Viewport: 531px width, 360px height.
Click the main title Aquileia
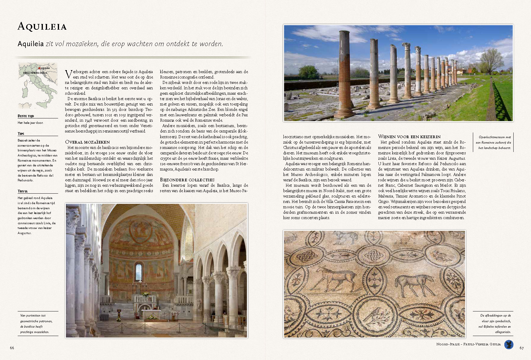[x=42, y=27]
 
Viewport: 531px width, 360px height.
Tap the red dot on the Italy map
[x=39, y=68]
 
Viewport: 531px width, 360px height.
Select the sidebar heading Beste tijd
[x=26, y=116]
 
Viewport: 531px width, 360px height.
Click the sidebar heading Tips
[x=21, y=134]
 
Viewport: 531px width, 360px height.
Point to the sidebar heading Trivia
[x=22, y=191]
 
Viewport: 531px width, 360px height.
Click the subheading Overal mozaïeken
[x=88, y=142]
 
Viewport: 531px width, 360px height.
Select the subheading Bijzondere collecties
[x=187, y=180]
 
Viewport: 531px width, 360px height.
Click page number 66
[x=12, y=348]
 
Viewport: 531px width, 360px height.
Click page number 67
[x=522, y=348]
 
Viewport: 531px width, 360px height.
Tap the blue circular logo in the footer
[x=509, y=344]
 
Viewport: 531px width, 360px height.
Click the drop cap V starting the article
[x=68, y=74]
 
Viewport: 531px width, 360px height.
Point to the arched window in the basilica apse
[x=138, y=272]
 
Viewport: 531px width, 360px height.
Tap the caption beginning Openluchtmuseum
[x=494, y=142]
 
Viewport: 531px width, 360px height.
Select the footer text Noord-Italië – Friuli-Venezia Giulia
[x=468, y=344]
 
